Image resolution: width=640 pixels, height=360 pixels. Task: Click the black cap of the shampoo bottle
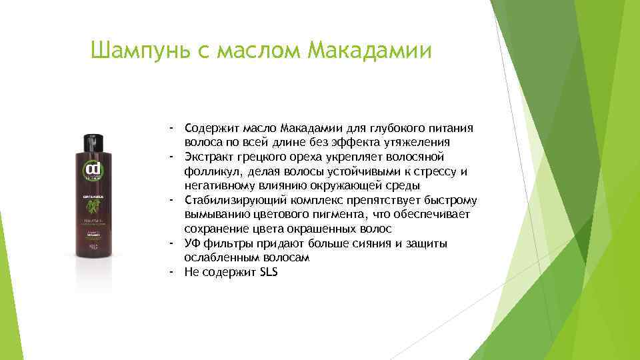pyautogui.click(x=91, y=141)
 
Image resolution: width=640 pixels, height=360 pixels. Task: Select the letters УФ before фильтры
pyautogui.click(x=193, y=244)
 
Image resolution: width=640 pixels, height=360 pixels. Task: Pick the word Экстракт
pyautogui.click(x=209, y=157)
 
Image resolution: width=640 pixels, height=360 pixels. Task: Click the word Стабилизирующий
pyautogui.click(x=234, y=201)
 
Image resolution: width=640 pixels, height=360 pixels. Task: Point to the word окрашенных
pyautogui.click(x=313, y=229)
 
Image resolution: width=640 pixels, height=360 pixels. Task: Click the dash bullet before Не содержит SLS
pyautogui.click(x=171, y=272)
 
